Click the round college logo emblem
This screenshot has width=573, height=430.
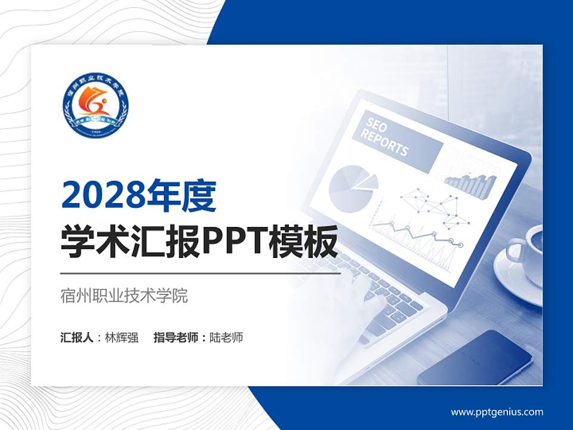coord(95,106)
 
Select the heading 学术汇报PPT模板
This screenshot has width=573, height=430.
coord(199,242)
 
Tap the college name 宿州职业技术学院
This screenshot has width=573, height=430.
coord(124,296)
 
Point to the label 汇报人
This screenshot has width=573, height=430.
coord(77,337)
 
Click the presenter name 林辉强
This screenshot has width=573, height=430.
coord(122,337)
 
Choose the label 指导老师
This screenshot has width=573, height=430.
coord(175,337)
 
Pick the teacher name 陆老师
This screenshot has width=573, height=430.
coord(226,337)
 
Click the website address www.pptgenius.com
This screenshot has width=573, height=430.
coord(497,411)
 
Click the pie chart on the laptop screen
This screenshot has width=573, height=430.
coord(351,182)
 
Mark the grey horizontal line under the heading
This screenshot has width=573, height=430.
coord(201,274)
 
